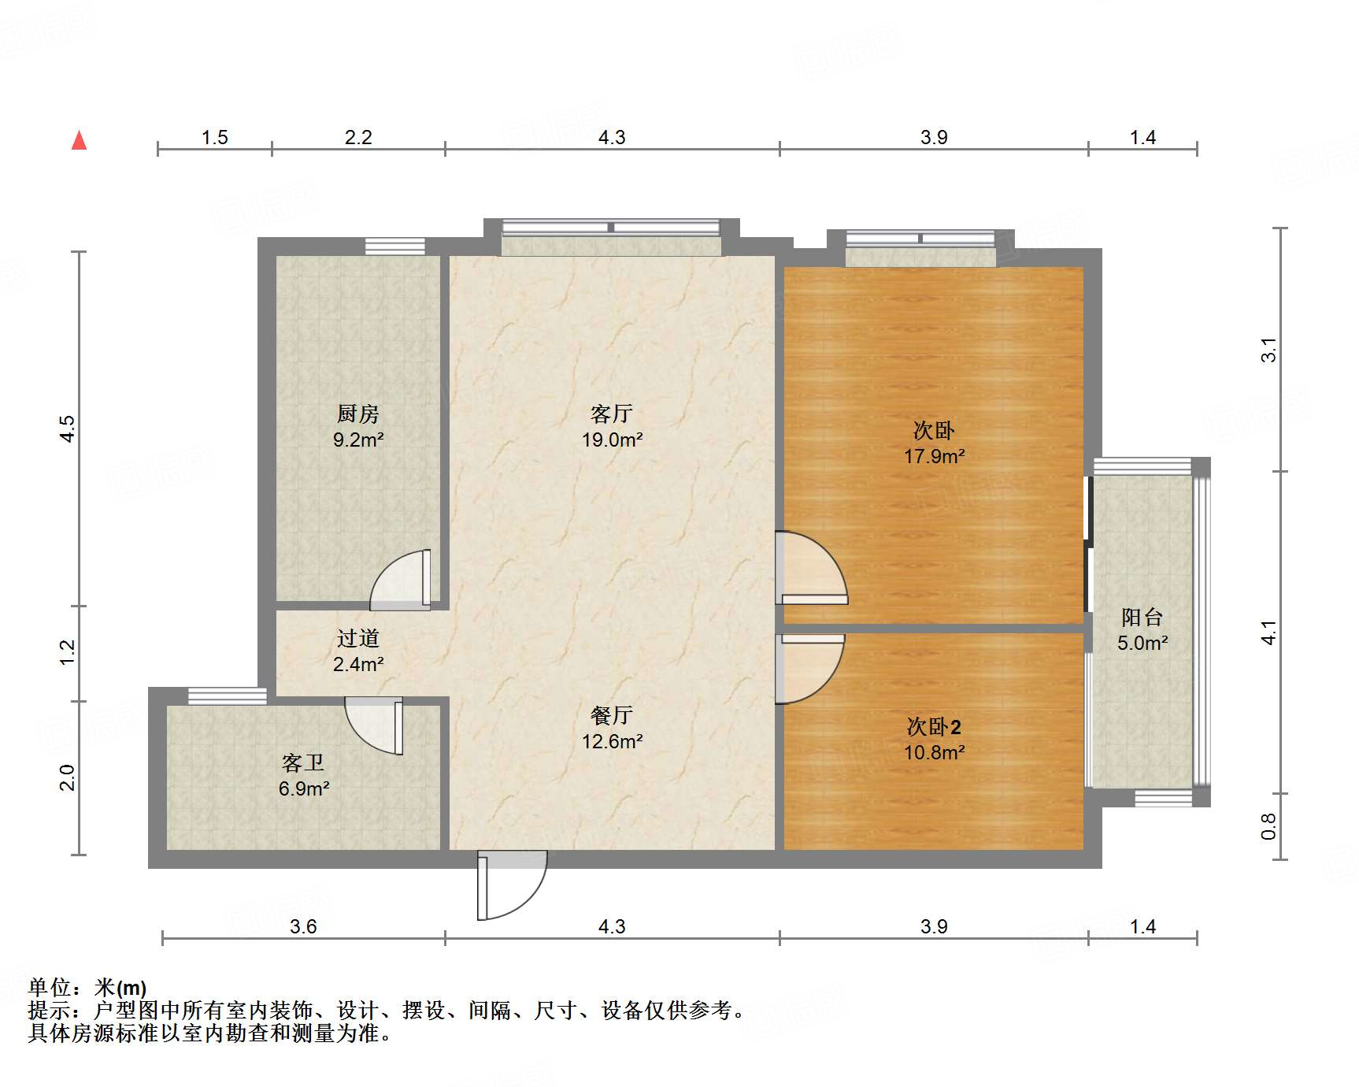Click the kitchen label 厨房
tap(358, 414)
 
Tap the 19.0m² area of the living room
tap(612, 440)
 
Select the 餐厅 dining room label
tap(612, 715)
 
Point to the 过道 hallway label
tap(358, 638)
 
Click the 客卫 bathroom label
tap(303, 762)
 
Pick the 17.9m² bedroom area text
tap(934, 456)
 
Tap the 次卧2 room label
tap(934, 726)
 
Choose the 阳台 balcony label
tap(1142, 617)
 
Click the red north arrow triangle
tap(80, 140)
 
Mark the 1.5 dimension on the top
tap(214, 138)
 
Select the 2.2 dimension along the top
tap(358, 138)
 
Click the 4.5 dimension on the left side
tap(68, 429)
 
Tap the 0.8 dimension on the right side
tap(1268, 826)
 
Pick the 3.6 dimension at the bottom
tap(303, 926)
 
